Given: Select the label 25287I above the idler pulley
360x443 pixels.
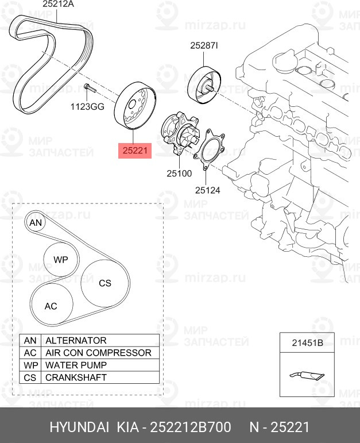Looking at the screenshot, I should coord(204,46).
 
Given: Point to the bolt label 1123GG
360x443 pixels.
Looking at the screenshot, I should coord(87,106).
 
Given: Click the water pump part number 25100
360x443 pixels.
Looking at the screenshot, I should coord(179,172).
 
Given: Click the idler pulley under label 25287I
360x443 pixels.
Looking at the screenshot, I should coord(203,86).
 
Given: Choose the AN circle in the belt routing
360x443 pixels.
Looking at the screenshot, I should coord(36,222).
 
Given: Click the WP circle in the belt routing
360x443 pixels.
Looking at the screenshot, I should coord(60,260).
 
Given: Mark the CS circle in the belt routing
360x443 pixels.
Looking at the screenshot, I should coord(104,283).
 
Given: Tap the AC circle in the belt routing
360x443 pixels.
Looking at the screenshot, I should coord(51,306).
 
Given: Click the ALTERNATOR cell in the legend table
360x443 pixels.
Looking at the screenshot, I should coord(101,340).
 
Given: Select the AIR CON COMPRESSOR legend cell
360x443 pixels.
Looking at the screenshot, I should coord(101,353).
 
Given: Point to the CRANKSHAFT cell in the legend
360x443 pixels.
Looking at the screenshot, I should coord(101,377).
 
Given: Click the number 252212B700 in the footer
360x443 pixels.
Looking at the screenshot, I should coord(190,427).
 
